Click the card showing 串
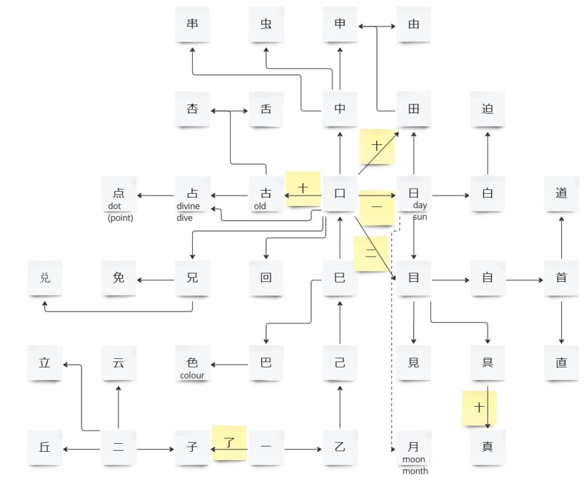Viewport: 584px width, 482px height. (x=192, y=25)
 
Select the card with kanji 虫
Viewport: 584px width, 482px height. (x=266, y=25)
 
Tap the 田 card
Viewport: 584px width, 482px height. (x=413, y=108)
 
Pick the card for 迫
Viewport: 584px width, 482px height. (x=488, y=108)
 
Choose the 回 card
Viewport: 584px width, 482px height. (x=266, y=278)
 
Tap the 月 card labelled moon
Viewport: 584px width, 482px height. (x=413, y=447)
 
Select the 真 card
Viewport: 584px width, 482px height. (x=488, y=447)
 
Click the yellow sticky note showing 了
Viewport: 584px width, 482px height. (x=229, y=442)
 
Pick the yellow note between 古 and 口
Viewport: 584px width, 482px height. (x=303, y=188)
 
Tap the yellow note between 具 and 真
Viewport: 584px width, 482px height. (x=479, y=408)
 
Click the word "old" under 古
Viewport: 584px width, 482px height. (x=260, y=206)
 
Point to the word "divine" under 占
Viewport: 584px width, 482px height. (x=188, y=206)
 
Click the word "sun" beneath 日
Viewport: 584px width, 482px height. (x=420, y=217)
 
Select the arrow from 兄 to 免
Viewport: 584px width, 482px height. (x=156, y=280)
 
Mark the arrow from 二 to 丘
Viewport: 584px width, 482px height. (x=82, y=449)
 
